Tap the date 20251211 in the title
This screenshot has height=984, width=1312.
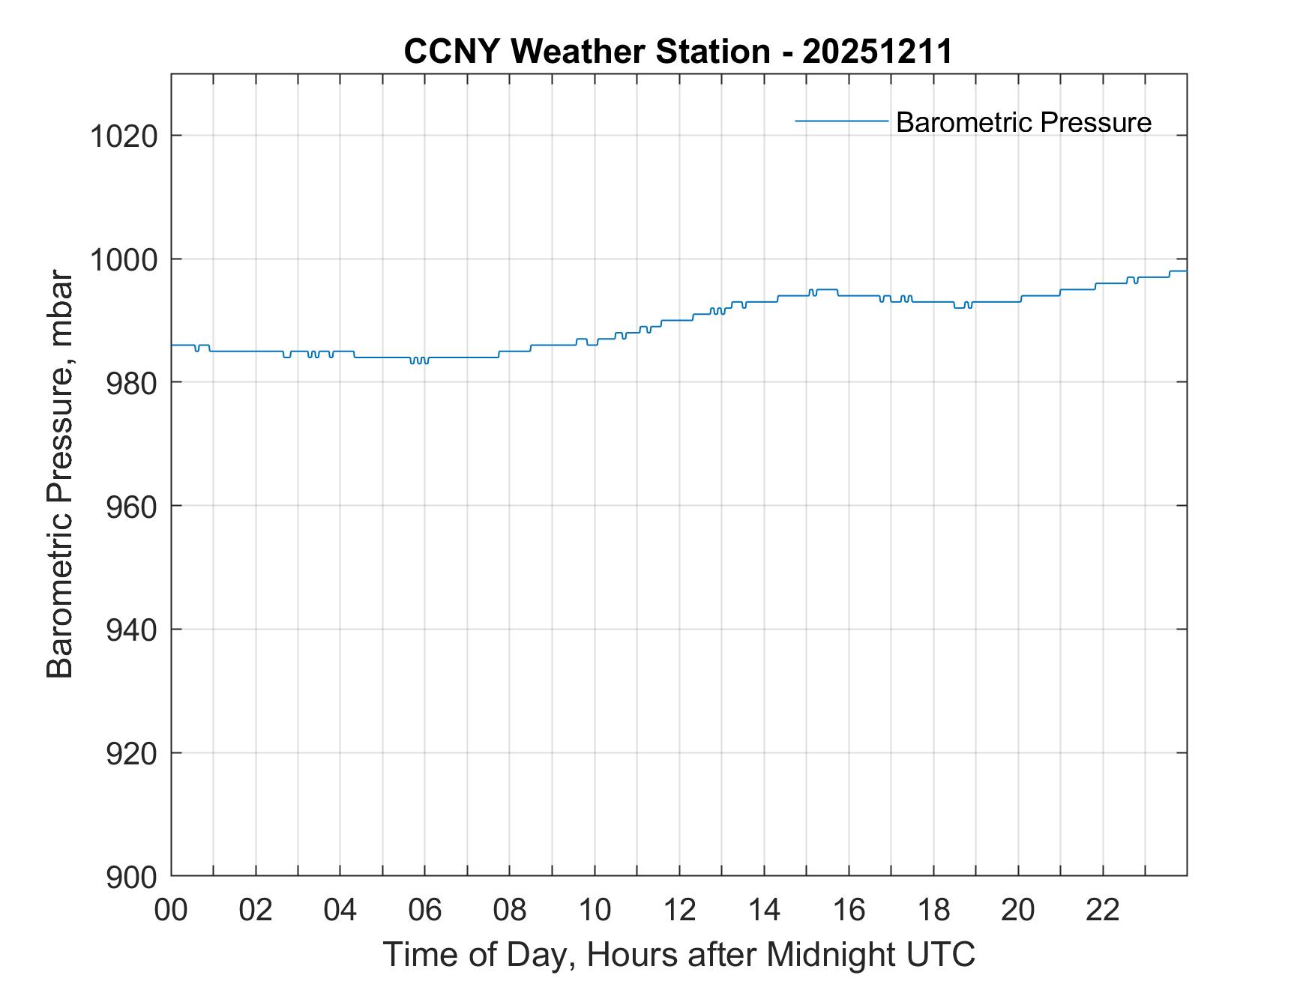click(877, 52)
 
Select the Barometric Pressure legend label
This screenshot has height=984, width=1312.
click(1023, 122)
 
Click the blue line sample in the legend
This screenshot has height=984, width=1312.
click(841, 121)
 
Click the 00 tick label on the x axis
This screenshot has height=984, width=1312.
click(172, 911)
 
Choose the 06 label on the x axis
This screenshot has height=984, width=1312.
click(425, 911)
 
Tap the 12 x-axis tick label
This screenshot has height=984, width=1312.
click(679, 911)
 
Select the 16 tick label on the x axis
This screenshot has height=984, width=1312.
click(849, 911)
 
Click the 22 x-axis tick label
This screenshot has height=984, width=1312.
click(1103, 911)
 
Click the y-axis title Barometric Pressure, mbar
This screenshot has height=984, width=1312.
click(60, 475)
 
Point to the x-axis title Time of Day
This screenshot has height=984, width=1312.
click(679, 954)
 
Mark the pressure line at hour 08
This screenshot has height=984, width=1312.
click(510, 351)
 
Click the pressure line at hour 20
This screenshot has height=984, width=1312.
click(1018, 301)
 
